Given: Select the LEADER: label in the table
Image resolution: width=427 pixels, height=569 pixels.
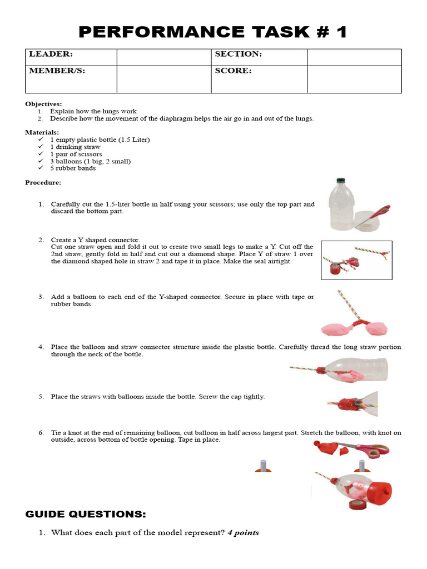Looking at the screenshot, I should pos(51,54).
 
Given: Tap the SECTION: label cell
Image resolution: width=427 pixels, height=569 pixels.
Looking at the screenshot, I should pos(238,54).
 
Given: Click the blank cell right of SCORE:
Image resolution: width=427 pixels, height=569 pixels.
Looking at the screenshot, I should pos(354,79).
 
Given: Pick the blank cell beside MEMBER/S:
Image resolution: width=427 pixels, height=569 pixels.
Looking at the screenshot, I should pos(163,79).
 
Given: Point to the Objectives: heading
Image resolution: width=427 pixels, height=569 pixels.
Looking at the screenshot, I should pos(43,104).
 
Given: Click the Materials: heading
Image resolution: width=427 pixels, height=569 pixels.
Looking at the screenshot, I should pos(42,132).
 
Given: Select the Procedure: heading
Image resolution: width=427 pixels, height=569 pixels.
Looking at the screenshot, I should pos(43,182).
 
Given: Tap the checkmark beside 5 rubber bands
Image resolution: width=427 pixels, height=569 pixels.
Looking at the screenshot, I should pos(41,168).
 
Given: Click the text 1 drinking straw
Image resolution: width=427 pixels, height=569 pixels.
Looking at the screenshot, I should pos(75,147).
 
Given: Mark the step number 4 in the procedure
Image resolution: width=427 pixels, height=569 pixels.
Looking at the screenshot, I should pos(41,347).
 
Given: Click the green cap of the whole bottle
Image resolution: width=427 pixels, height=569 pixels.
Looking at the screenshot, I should pos(340,181).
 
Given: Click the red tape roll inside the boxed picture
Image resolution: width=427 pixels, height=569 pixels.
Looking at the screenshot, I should pos(335,269).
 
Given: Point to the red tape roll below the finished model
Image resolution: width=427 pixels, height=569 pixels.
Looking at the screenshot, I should pos(356,504).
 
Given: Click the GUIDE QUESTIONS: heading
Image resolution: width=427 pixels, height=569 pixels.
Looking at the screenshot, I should pos(86,514).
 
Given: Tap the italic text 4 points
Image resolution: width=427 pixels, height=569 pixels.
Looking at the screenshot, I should pos(243,533).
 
